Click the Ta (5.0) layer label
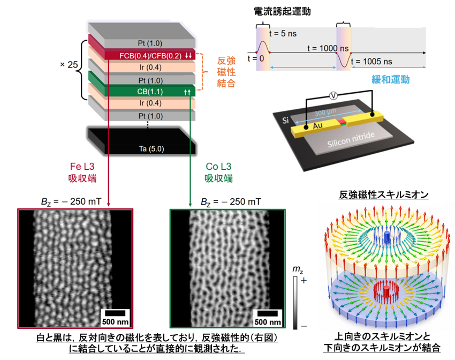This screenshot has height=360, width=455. point(151,149)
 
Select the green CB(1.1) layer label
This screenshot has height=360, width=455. point(150,92)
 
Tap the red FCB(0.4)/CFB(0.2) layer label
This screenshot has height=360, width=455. point(150,56)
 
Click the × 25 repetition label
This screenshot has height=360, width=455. point(69,64)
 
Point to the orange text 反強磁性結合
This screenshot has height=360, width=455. point(226,72)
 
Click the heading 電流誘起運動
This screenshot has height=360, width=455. point(282,11)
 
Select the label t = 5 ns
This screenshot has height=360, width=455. point(283,33)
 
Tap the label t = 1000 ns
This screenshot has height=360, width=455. point(328,48)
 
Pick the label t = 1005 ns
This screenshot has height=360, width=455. point(371,62)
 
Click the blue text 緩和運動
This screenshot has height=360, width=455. point(391,79)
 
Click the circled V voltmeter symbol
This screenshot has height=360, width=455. point(333,95)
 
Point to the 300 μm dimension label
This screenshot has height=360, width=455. point(325,112)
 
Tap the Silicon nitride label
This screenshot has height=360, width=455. point(351,139)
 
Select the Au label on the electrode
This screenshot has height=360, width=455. point(318,126)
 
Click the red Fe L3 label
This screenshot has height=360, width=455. point(82,167)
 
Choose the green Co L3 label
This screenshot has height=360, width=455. point(218,167)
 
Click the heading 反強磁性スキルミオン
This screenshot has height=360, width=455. point(384,194)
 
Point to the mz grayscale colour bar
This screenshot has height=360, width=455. point(295,303)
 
